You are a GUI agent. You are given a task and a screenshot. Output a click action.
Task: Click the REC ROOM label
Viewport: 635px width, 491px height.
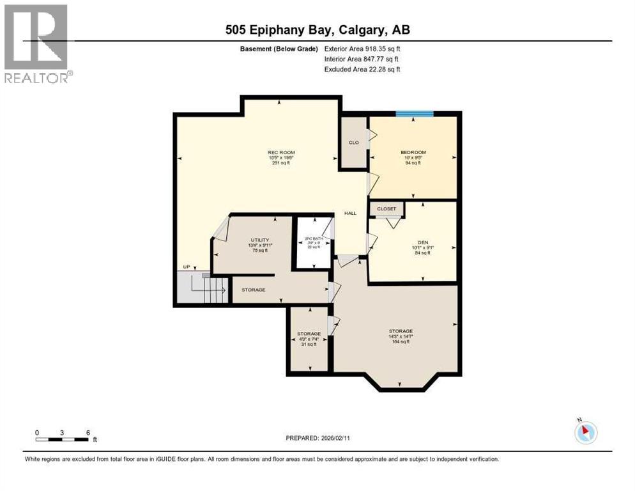click(x=281, y=152)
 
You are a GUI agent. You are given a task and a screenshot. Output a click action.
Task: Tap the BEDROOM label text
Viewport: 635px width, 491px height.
click(x=413, y=152)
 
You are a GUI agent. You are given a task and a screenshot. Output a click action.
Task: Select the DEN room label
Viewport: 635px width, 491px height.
click(x=422, y=242)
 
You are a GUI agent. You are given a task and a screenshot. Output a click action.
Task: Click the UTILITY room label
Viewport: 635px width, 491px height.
click(x=253, y=240)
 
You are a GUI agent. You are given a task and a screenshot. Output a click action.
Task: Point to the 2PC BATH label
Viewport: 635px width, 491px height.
click(x=314, y=238)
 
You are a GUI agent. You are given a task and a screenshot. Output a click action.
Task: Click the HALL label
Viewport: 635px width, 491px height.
click(x=350, y=213)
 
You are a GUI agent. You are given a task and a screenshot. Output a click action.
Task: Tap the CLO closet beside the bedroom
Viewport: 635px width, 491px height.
click(x=353, y=143)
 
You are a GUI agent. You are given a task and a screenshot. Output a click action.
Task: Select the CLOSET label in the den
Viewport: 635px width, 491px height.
click(x=386, y=208)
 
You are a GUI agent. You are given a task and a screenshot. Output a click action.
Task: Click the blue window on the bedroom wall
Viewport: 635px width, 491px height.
click(x=415, y=114)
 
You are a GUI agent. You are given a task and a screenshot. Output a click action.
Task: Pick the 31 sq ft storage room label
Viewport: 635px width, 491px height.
click(x=309, y=334)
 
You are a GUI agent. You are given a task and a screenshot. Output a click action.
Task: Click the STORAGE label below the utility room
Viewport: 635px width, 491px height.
click(x=253, y=290)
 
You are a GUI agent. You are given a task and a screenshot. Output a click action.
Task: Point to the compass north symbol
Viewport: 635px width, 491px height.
click(x=585, y=432)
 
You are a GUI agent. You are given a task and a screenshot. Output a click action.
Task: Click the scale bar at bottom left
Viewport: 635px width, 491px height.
click(x=62, y=439)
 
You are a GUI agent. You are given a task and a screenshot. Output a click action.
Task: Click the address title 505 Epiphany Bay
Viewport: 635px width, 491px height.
click(x=317, y=29)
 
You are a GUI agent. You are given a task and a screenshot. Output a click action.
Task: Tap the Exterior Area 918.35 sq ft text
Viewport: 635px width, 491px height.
click(x=362, y=49)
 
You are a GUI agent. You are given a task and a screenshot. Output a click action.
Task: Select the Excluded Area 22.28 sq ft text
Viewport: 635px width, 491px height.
click(x=362, y=69)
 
